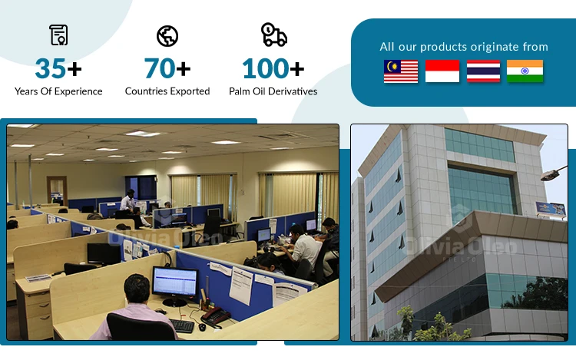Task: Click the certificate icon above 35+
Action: [x=58, y=35]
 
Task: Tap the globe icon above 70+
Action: [x=167, y=36]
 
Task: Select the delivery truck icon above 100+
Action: [x=273, y=35]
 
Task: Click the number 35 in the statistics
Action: [x=51, y=68]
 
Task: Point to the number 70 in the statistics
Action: [x=160, y=68]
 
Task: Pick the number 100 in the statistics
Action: [x=266, y=68]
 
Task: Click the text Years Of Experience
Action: [x=58, y=91]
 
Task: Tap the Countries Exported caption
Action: [x=167, y=91]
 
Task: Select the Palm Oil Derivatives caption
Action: [x=273, y=91]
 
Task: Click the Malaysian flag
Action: [x=401, y=71]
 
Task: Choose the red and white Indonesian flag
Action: [x=442, y=71]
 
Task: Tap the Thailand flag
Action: [x=483, y=71]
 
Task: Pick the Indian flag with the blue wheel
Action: [x=525, y=71]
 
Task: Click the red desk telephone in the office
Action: [x=215, y=317]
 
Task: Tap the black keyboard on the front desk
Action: [x=182, y=326]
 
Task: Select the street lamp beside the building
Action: [x=554, y=173]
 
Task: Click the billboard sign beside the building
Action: [x=551, y=210]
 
